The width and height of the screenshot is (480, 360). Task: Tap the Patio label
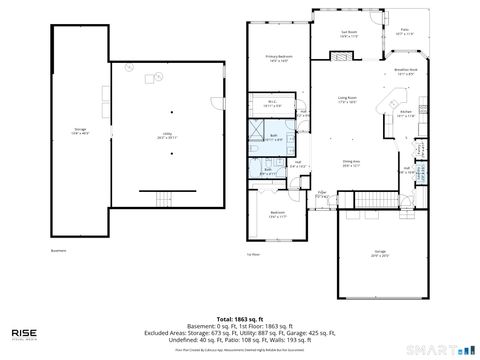click(404, 32)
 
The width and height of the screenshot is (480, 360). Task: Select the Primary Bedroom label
click(279, 58)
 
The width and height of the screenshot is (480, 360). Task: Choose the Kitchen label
click(406, 114)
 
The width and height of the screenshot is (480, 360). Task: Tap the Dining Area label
click(351, 163)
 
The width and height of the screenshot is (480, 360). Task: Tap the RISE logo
click(27, 333)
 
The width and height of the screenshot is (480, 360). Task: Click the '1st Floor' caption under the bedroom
click(253, 254)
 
